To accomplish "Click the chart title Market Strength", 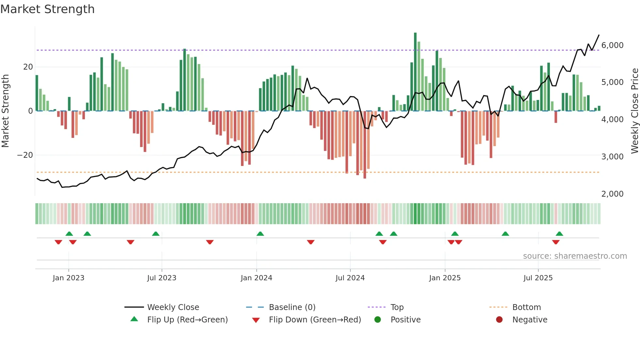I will pyautogui.click(x=47, y=9).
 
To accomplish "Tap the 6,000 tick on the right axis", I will pyautogui.click(x=612, y=45).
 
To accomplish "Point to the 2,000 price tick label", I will pyautogui.click(x=612, y=194).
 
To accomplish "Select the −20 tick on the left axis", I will pyautogui.click(x=25, y=155).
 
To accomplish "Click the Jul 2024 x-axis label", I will pyautogui.click(x=350, y=278).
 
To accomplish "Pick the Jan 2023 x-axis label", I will pyautogui.click(x=69, y=278).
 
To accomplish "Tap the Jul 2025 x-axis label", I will pyautogui.click(x=538, y=278).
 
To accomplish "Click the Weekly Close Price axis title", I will pyautogui.click(x=634, y=111).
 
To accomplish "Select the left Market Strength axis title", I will pyautogui.click(x=6, y=111).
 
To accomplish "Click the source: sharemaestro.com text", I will pyautogui.click(x=575, y=256).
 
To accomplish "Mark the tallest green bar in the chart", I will pyautogui.click(x=415, y=72).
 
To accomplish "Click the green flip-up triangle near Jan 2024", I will pyautogui.click(x=260, y=234).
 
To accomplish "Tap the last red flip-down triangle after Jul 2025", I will pyautogui.click(x=556, y=242).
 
